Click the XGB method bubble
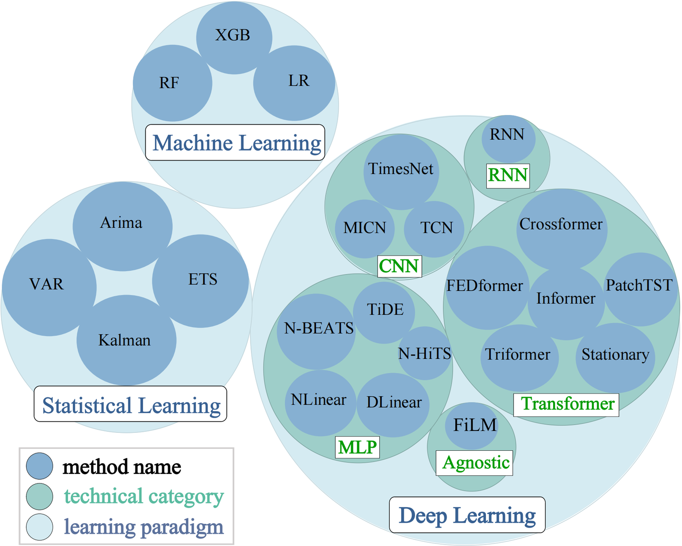(234, 38)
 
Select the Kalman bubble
(126, 340)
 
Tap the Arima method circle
(123, 226)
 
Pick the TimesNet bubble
(401, 172)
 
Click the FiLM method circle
(472, 426)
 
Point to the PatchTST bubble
(641, 289)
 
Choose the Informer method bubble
(566, 303)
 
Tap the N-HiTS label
(425, 353)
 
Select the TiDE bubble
(384, 313)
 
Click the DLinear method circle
(393, 405)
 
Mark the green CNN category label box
(400, 266)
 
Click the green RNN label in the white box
(508, 176)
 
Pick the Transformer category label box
(566, 405)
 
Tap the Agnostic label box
(475, 463)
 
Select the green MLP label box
(358, 447)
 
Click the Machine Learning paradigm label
(235, 142)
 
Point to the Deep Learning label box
(467, 515)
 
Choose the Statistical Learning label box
(131, 404)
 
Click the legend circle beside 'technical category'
(40, 496)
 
